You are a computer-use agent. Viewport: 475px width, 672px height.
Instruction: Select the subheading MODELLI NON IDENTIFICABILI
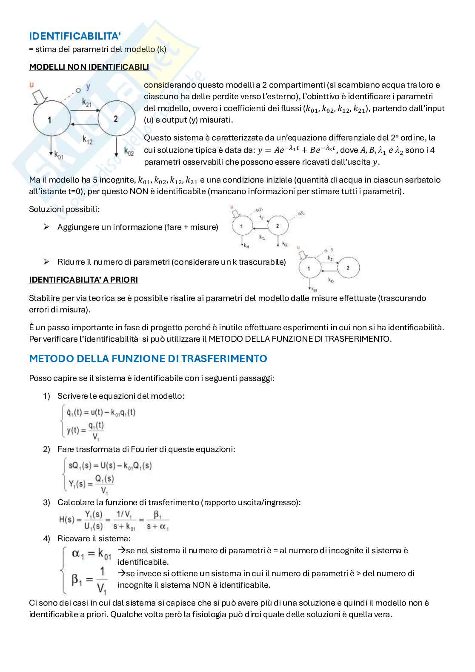[89, 67]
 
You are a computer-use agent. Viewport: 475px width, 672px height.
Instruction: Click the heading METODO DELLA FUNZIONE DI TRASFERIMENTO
[148, 358]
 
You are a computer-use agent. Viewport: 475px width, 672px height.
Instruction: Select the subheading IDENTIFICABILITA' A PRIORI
[83, 280]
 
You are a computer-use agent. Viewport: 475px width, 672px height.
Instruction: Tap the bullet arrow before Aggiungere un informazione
[46, 227]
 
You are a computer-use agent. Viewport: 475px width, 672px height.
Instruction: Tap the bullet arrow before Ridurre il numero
[46, 262]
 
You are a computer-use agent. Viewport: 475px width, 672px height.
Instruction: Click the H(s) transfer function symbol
[67, 520]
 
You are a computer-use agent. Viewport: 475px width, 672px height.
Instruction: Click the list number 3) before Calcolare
[47, 502]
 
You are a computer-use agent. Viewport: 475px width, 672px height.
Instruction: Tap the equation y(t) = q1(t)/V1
[85, 430]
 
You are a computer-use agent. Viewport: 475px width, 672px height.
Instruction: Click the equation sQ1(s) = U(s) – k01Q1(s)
[110, 465]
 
